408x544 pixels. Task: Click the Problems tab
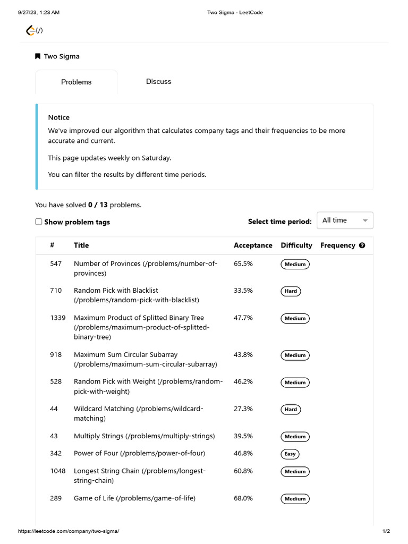coord(76,82)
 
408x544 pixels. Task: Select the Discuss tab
coord(158,81)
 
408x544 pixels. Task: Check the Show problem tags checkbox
coord(39,222)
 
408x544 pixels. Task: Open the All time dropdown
coord(345,220)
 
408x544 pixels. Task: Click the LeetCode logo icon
coord(31,31)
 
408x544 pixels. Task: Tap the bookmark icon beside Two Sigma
coord(38,56)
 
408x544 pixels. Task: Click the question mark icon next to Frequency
coord(362,245)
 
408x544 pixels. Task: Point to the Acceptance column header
coord(253,245)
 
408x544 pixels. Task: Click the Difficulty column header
coord(296,245)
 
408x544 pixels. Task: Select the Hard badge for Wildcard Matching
coord(291,410)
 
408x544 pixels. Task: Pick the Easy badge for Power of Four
coord(290,454)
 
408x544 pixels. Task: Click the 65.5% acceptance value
coord(243,263)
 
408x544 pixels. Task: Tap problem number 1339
coord(58,318)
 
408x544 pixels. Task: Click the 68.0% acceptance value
coord(243,498)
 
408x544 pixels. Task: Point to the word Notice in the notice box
coord(58,117)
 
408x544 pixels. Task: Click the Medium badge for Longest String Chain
coord(295,472)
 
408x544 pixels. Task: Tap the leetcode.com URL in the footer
coord(69,531)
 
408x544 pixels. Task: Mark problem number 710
coord(56,291)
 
